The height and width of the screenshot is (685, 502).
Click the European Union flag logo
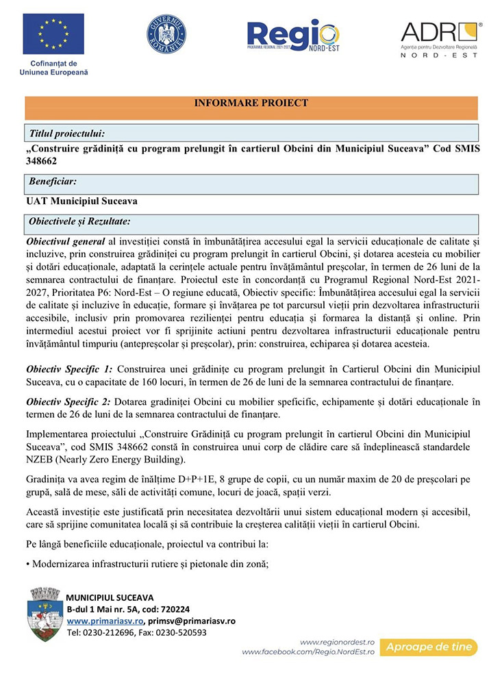[53, 34]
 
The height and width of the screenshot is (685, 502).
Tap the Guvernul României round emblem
[166, 34]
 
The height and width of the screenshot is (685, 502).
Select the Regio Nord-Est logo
[292, 36]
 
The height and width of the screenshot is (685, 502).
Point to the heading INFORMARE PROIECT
[251, 103]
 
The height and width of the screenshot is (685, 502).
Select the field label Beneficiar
[53, 182]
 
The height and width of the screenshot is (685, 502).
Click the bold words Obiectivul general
[65, 242]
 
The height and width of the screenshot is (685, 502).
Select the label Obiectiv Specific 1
[69, 369]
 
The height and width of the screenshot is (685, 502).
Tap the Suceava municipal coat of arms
[42, 614]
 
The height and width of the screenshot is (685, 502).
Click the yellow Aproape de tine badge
[431, 647]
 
